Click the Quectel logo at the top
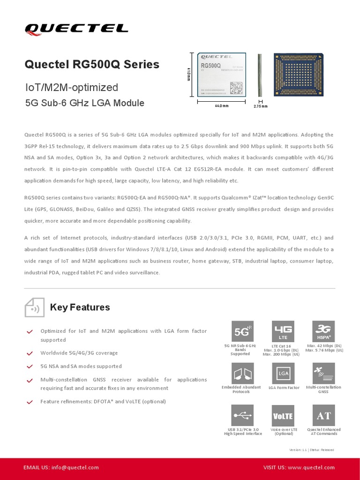pos(76,29)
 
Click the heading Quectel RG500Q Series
pos(92,64)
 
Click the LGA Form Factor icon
pos(283,374)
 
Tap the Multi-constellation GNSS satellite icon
pos(323,374)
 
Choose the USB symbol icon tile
pos(243,415)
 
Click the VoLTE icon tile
pos(283,415)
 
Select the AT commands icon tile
pos(323,415)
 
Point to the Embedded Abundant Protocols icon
pos(243,374)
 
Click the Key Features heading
pos(80,307)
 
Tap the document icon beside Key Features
pos(34,307)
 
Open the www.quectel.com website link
pos(311,467)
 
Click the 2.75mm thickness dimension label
pos(260,106)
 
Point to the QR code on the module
pos(236,88)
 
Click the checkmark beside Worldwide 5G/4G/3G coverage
pos(30,353)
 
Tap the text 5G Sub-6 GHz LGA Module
pos(84,103)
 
